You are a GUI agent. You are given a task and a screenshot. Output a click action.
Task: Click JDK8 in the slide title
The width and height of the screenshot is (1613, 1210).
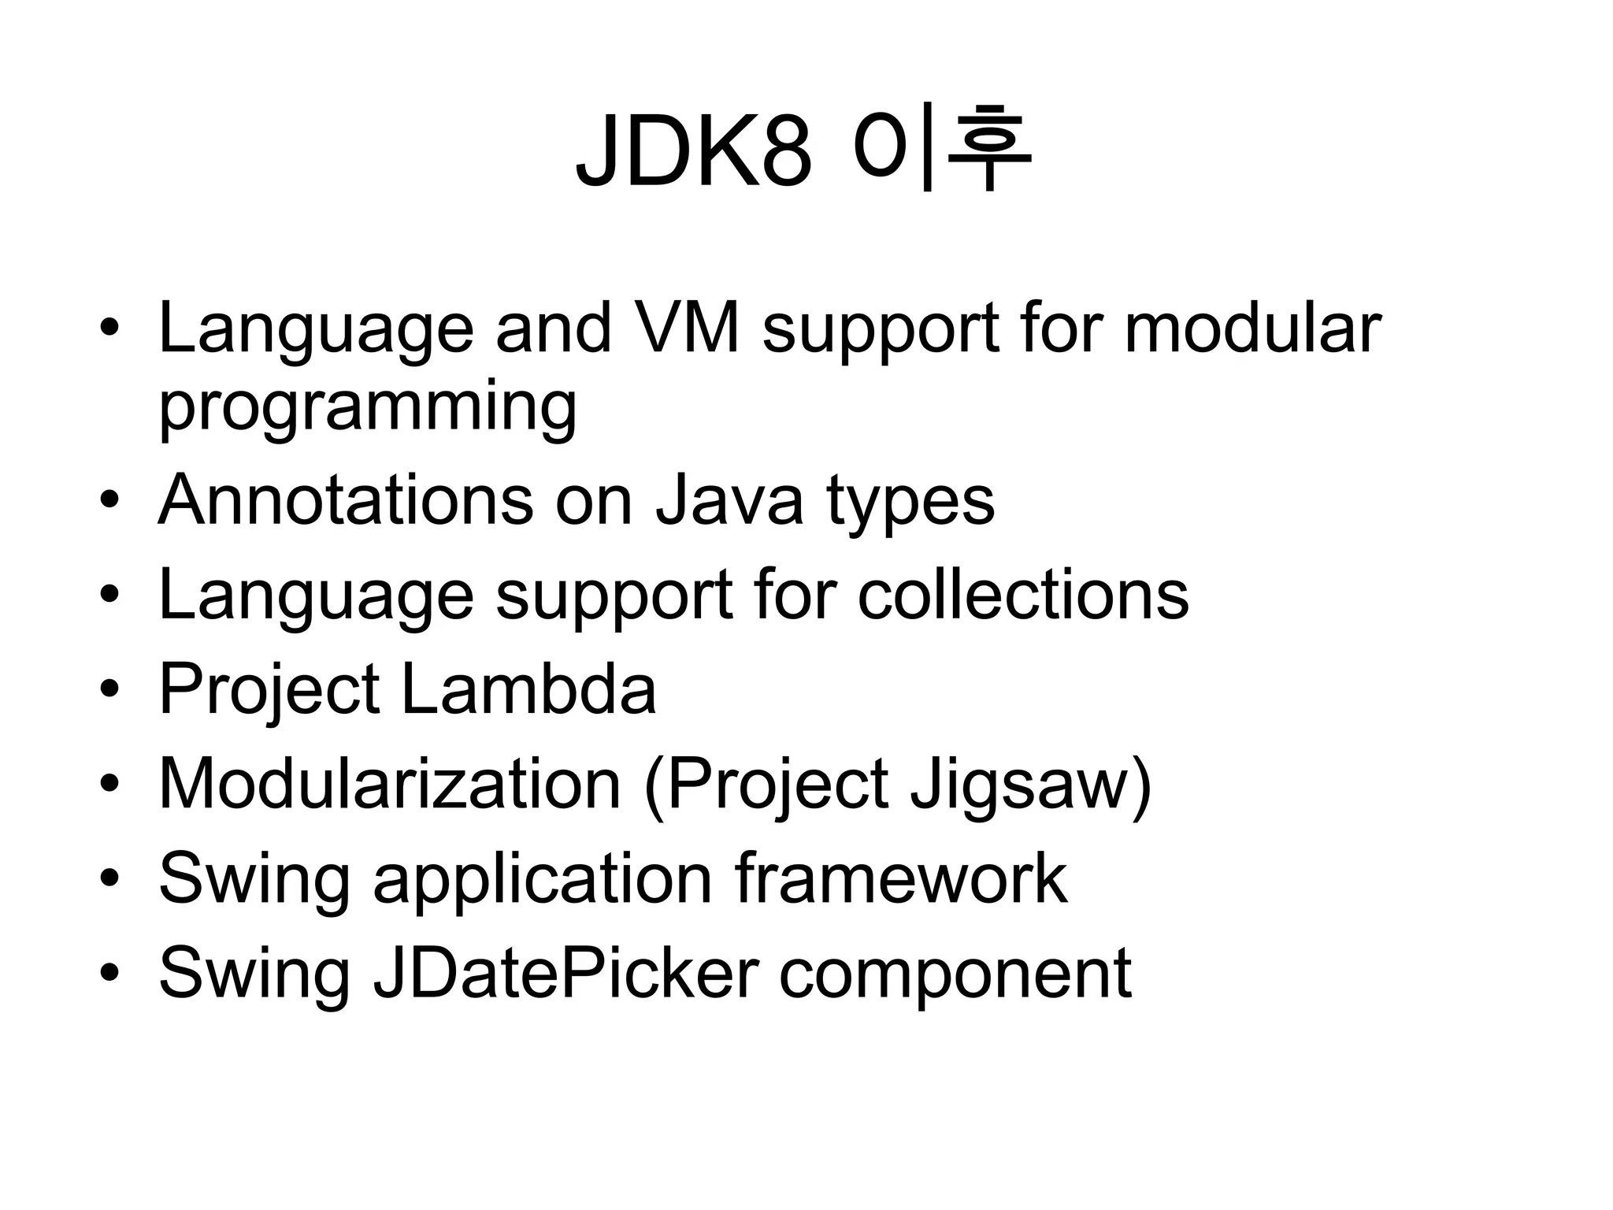(x=693, y=151)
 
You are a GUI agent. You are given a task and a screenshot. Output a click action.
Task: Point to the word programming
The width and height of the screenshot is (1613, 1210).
(x=368, y=408)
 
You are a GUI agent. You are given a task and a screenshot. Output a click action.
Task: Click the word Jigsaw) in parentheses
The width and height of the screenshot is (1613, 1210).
(x=1031, y=786)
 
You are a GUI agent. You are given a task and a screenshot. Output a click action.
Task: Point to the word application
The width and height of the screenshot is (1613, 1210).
(x=543, y=880)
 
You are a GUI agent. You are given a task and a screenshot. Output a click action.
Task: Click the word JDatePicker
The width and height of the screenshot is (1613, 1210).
(x=565, y=974)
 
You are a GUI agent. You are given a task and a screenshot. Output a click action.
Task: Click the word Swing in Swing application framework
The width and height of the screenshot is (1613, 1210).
(x=254, y=880)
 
